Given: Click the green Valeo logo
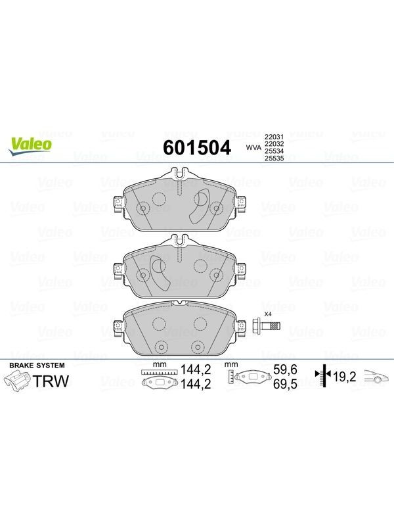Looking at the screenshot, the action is coord(30,146).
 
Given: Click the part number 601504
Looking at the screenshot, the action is coord(197,147).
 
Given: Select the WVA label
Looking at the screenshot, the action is coord(253,147).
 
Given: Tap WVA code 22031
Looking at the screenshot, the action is coord(274,137).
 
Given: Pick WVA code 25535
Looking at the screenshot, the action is coord(274,158).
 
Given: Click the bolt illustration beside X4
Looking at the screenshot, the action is coord(266,325).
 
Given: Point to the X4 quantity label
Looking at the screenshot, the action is coord(268,314).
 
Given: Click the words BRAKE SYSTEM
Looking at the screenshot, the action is coord(37,366).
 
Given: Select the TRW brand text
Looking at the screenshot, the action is coord(52,381).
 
